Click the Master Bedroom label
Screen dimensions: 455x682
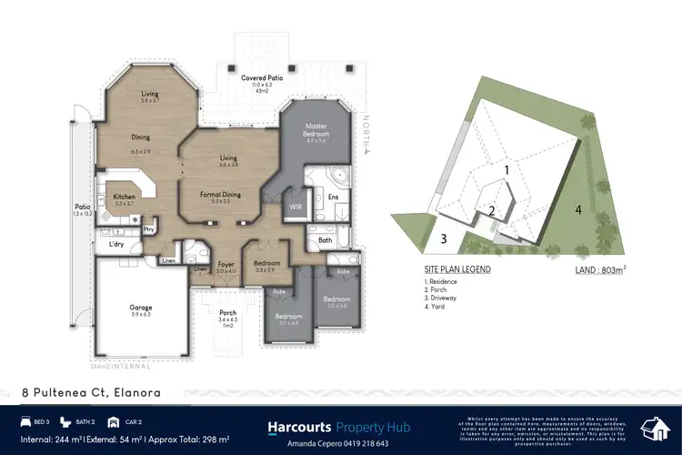316,129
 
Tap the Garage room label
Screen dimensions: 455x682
141,308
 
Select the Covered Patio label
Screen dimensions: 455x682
259,78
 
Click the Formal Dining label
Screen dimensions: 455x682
220,194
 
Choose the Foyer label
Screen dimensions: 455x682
226,266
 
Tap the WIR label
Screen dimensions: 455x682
294,207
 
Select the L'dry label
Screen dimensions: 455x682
115,244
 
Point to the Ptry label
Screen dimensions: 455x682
148,229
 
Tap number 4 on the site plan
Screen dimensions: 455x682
577,209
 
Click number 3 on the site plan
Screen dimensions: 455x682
445,239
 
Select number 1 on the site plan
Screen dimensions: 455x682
508,169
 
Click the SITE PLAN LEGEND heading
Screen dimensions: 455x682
457,269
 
